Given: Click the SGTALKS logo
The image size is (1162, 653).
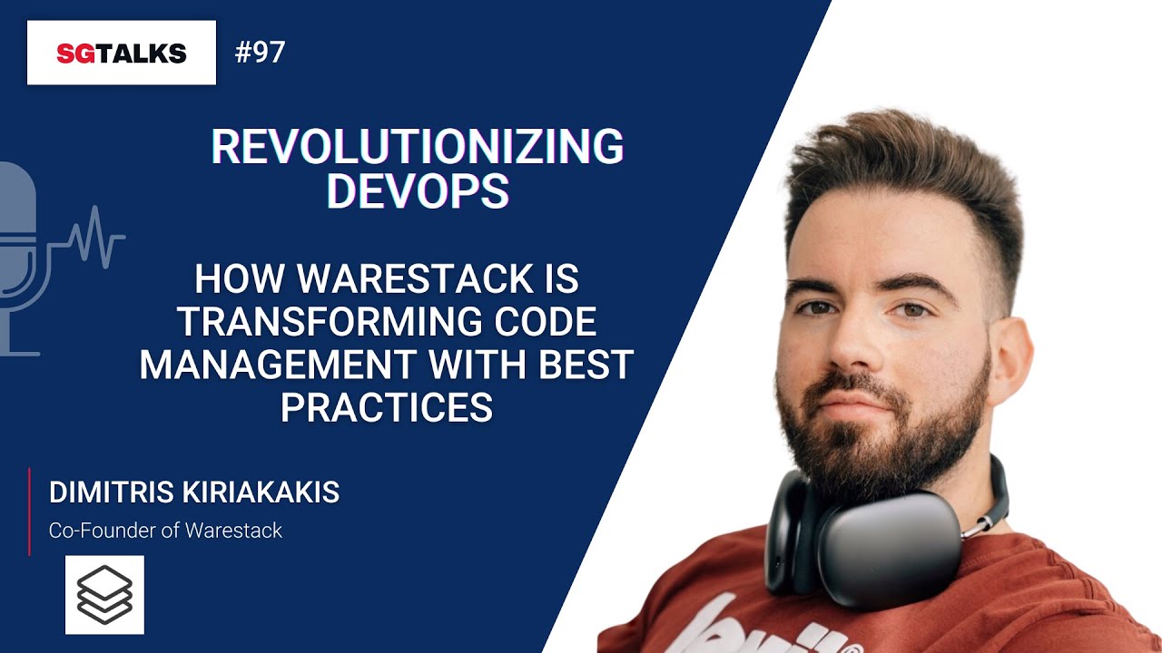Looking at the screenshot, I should pos(121,53).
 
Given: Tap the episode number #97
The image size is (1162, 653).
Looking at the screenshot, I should pos(260,53).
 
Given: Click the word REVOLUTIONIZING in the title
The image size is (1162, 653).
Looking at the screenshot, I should pos(417,147).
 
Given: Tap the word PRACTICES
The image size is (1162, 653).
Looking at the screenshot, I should pos(386,407).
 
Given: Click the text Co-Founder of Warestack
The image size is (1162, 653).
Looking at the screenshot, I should pos(165,531).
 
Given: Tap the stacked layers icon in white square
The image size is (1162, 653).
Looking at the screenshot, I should pos(104,594).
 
